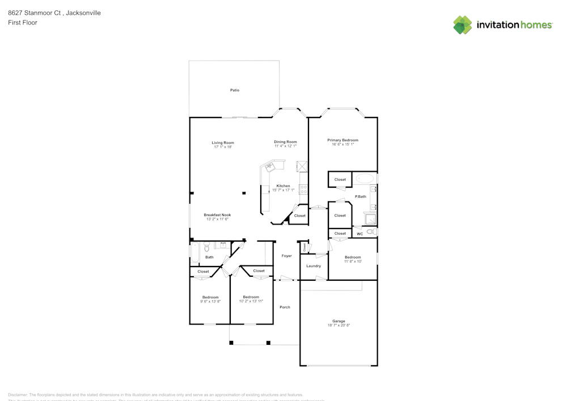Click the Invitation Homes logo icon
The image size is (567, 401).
pyautogui.click(x=463, y=25)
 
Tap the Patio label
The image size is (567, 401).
pyautogui.click(x=234, y=90)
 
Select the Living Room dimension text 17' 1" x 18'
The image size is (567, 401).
pyautogui.click(x=223, y=147)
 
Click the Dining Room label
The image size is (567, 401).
pyautogui.click(x=285, y=142)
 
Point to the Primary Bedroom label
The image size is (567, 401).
pyautogui.click(x=342, y=140)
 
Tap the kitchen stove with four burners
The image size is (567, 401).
pyautogui.click(x=303, y=189)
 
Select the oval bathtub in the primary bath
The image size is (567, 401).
pyautogui.click(x=365, y=179)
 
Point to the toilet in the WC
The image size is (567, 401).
pyautogui.click(x=371, y=232)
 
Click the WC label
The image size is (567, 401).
pyautogui.click(x=359, y=234)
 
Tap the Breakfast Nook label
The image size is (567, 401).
pyautogui.click(x=217, y=215)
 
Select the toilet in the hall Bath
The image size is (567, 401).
pyautogui.click(x=207, y=247)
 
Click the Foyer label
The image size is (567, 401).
pyautogui.click(x=286, y=256)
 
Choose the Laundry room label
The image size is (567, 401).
pyautogui.click(x=314, y=266)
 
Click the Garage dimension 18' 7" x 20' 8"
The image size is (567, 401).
pyautogui.click(x=338, y=326)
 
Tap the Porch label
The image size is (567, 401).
pyautogui.click(x=285, y=307)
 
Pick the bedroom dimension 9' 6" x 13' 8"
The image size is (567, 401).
pyautogui.click(x=210, y=302)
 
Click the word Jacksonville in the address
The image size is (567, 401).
pyautogui.click(x=83, y=13)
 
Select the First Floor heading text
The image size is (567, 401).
pyautogui.click(x=23, y=23)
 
